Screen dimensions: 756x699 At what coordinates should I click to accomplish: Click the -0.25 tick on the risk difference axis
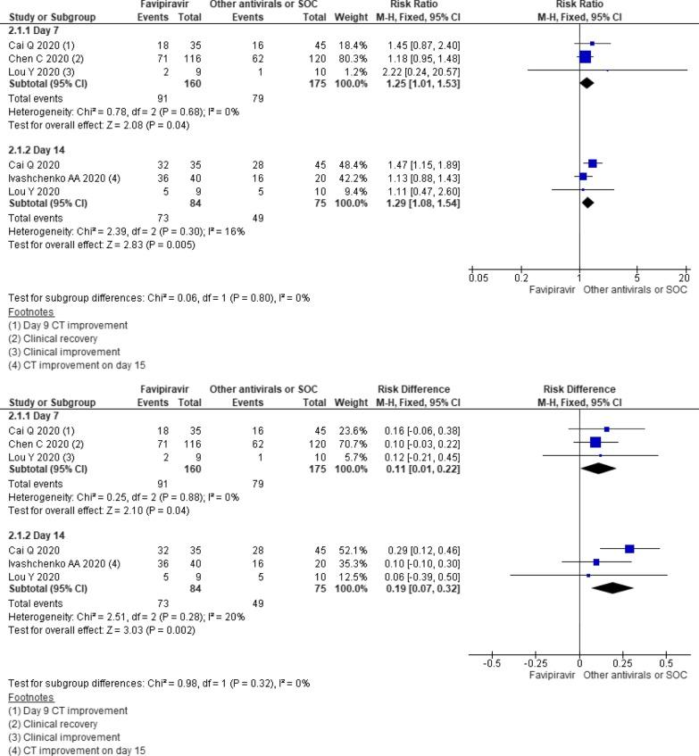point(535,663)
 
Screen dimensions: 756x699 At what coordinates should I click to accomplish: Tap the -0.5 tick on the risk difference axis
point(490,663)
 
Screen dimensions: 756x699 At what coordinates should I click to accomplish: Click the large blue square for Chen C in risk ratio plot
point(586,56)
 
